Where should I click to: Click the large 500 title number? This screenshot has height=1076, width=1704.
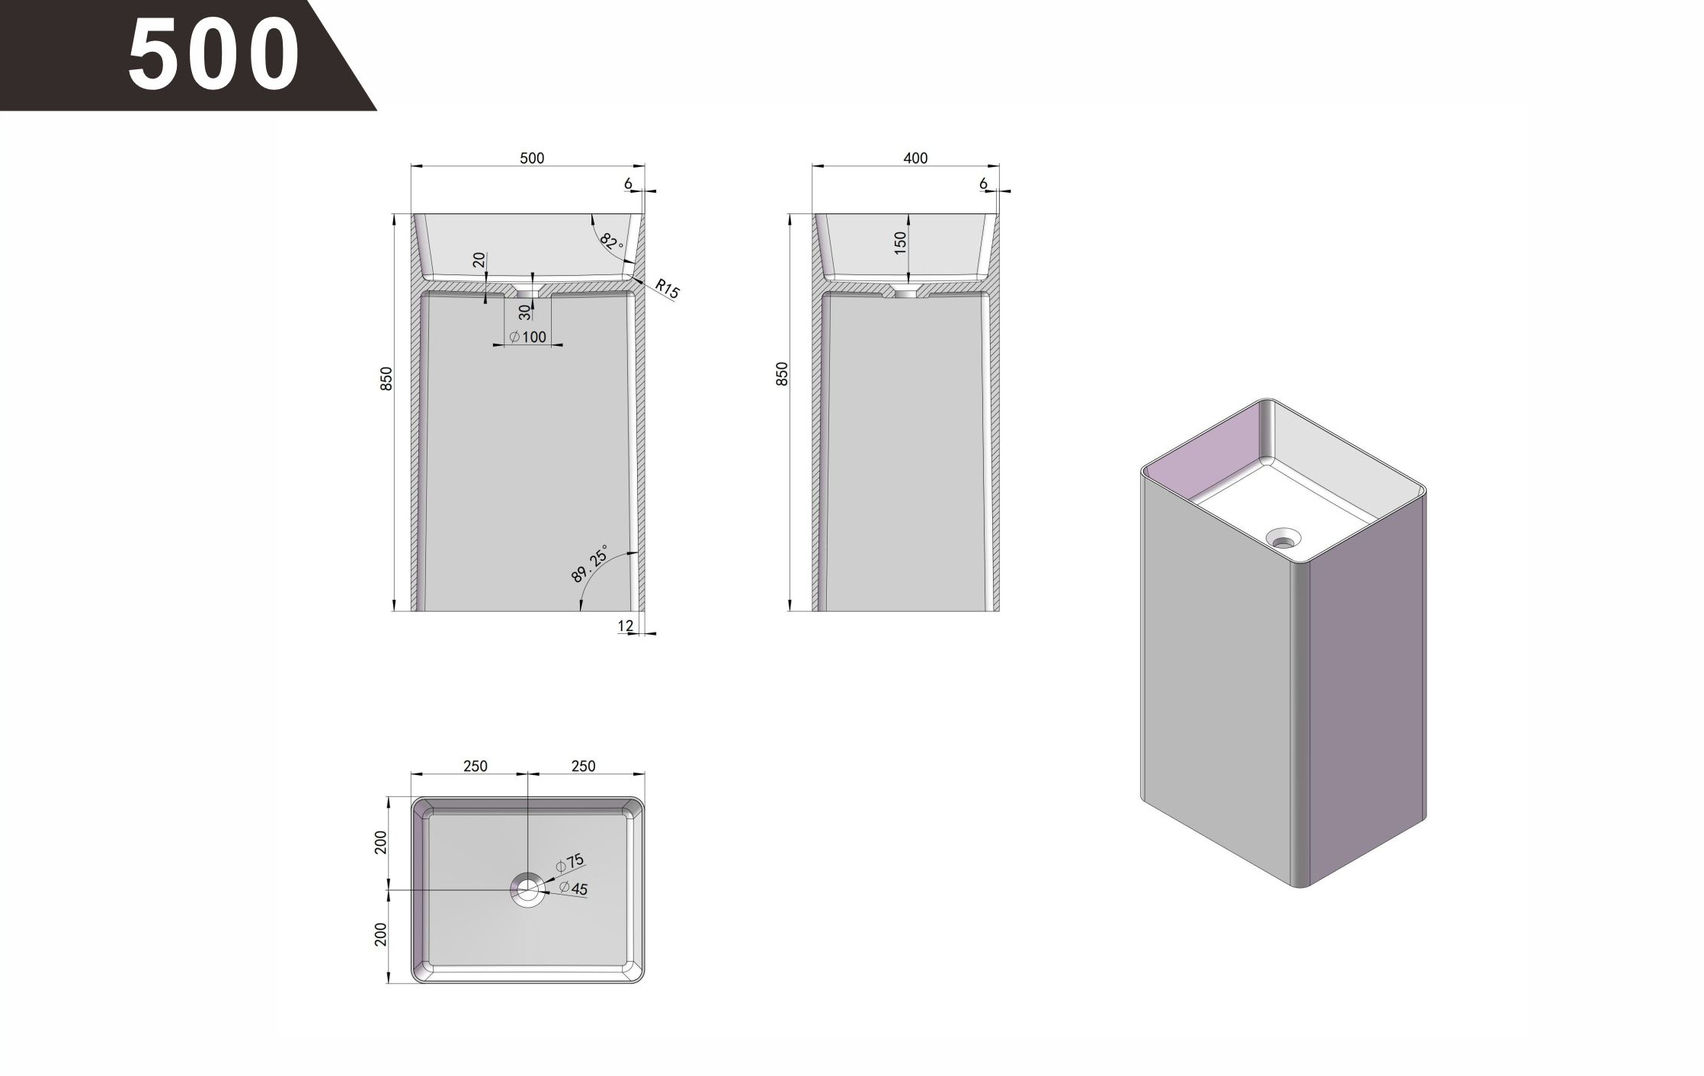point(213,53)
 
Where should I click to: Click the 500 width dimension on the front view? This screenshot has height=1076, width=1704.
point(532,158)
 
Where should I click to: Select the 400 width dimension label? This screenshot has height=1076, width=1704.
point(915,158)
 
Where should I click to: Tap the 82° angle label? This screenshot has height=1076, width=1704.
point(611,242)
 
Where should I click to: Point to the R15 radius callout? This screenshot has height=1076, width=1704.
point(667,289)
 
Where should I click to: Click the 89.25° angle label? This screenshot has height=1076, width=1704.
point(590,564)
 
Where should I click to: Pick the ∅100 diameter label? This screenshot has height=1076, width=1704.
point(528,337)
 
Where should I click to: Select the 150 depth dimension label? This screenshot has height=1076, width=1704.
point(901,243)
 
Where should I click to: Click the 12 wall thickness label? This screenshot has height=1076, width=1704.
point(625,626)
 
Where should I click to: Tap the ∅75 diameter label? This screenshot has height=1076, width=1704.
point(569,863)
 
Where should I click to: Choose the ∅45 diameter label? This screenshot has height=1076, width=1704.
point(573,888)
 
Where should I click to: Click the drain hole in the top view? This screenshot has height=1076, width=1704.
point(527,889)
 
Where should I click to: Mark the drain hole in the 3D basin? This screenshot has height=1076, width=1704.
point(1283,539)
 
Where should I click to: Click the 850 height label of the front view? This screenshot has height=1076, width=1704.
point(386,379)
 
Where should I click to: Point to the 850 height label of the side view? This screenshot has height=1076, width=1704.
point(782,373)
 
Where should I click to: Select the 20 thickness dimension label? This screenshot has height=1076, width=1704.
point(479,260)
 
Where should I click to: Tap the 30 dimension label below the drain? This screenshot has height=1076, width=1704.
point(524,312)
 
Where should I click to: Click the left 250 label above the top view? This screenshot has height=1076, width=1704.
point(475,766)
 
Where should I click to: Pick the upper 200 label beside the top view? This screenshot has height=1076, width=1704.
point(381,842)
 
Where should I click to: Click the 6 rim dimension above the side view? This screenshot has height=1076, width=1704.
point(983,184)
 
